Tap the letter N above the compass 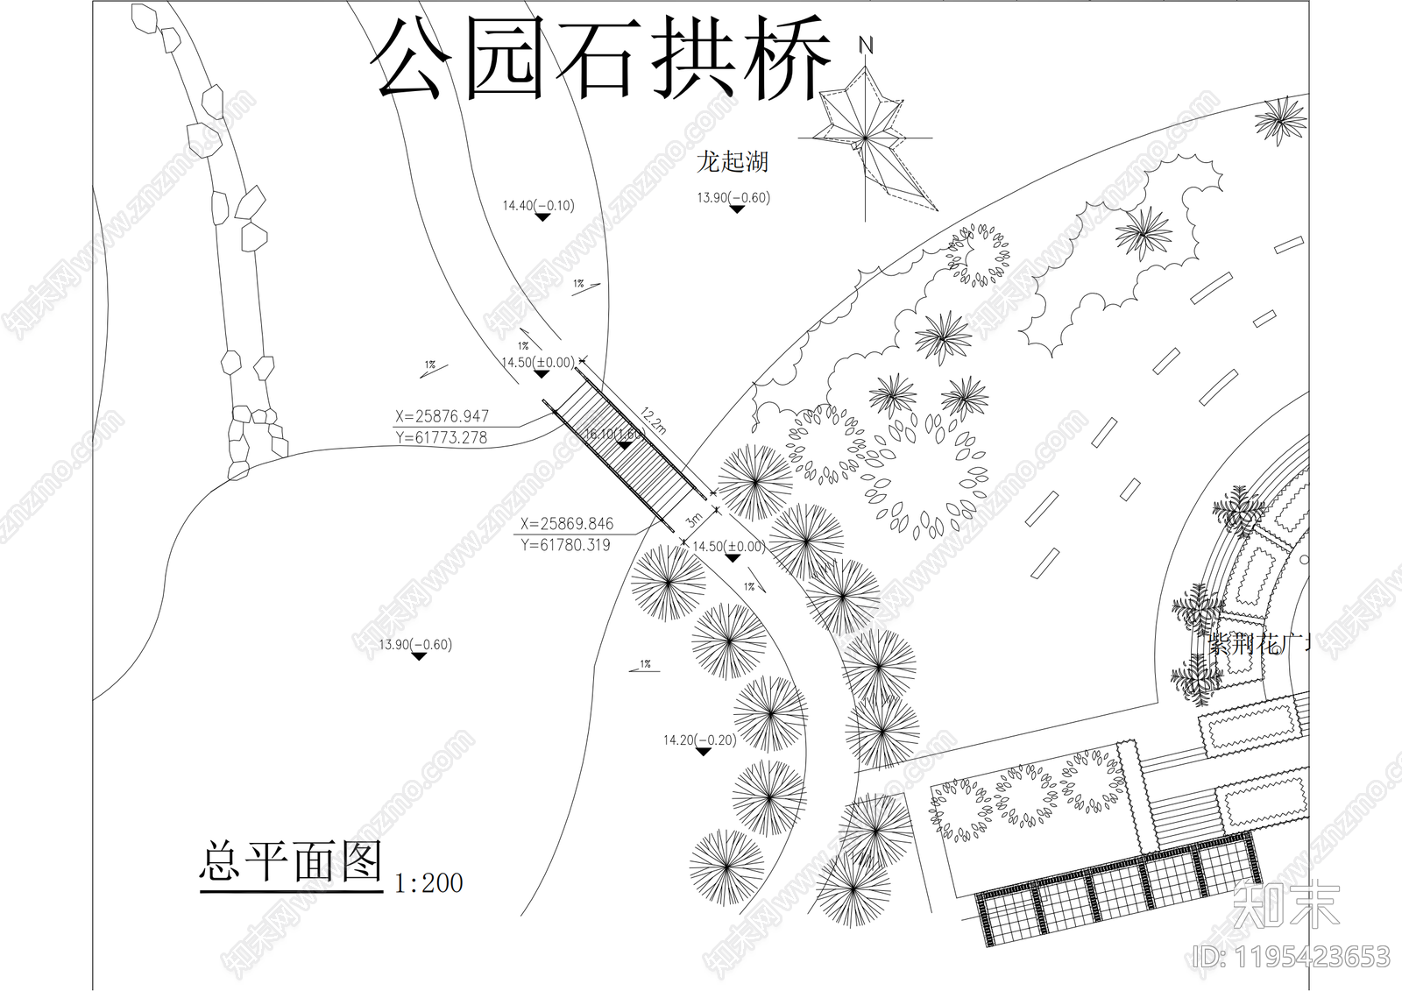point(867,45)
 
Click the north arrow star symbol point(866,138)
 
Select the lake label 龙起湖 point(733,161)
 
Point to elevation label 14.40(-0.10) point(538,206)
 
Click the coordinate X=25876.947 point(442,416)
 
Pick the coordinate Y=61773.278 point(442,437)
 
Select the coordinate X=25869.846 point(566,524)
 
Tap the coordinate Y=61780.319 point(566,545)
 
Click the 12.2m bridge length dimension point(654,421)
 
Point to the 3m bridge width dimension point(694,520)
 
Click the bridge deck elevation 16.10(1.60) point(614,434)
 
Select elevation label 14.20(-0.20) point(699,740)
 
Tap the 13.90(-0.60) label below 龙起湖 point(733,198)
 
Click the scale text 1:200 point(428,882)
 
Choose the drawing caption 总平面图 point(292,862)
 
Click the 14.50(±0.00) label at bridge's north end point(538,363)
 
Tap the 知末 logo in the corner point(1286,904)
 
